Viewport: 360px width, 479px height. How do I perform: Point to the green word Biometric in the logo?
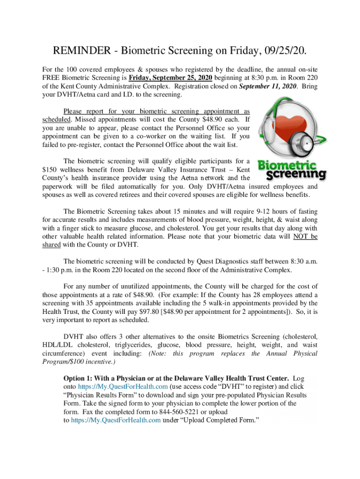click(287, 166)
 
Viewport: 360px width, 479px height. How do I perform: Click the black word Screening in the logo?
click(296, 175)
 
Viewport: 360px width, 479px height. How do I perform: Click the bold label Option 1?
click(81, 378)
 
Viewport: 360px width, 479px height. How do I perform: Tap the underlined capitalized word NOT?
click(300, 237)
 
